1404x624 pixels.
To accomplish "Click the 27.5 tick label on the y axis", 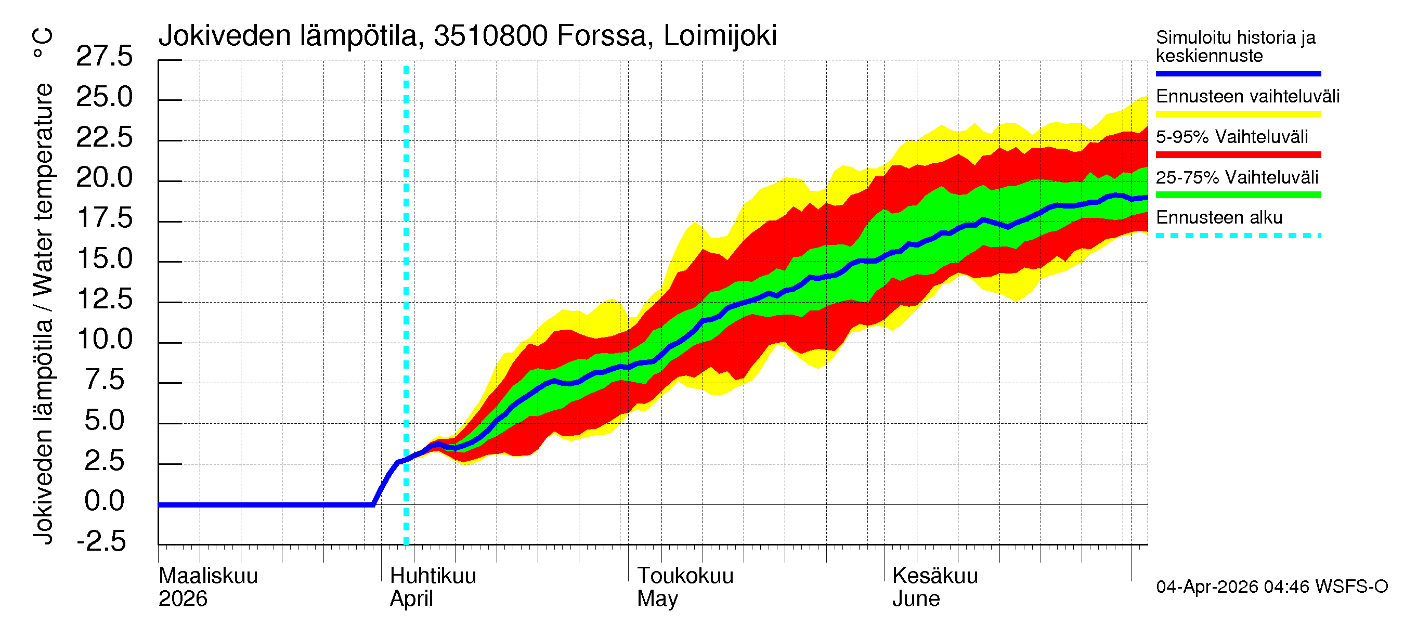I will [104, 57].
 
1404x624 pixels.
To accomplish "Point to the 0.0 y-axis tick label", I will [104, 501].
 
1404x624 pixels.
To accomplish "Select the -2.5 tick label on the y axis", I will [101, 542].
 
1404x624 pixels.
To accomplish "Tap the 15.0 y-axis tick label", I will [104, 259].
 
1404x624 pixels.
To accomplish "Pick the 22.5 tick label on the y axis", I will [104, 137].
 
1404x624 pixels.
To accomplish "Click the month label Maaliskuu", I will [207, 576].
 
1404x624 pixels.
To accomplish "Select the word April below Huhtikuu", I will [411, 599].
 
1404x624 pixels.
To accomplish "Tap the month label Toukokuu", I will [685, 576].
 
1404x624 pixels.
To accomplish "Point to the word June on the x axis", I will [916, 599].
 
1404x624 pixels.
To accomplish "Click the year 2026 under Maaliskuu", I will [183, 599].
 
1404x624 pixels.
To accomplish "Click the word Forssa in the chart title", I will [601, 36].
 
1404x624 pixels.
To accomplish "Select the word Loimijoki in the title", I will [720, 36].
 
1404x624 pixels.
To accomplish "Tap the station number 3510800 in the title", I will [490, 36].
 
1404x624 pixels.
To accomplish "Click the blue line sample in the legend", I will [1238, 73].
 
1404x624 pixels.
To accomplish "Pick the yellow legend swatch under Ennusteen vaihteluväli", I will [1238, 114].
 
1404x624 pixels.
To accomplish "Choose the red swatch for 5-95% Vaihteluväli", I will [1238, 155].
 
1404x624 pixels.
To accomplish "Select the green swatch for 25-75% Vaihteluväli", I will [1238, 195].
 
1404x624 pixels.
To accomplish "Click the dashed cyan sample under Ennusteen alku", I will [1238, 236].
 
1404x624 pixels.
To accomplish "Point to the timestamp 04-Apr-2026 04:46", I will [1232, 587].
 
